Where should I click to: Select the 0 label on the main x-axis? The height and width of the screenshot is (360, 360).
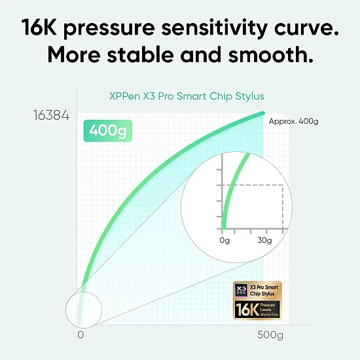[81, 335]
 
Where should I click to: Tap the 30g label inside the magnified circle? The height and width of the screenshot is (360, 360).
[264, 240]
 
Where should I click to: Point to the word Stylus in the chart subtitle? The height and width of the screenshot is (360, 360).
[249, 96]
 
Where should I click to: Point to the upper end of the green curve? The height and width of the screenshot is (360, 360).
[262, 114]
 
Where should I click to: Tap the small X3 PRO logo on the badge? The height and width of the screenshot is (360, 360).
[240, 291]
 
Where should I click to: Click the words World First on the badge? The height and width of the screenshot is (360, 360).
[270, 315]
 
